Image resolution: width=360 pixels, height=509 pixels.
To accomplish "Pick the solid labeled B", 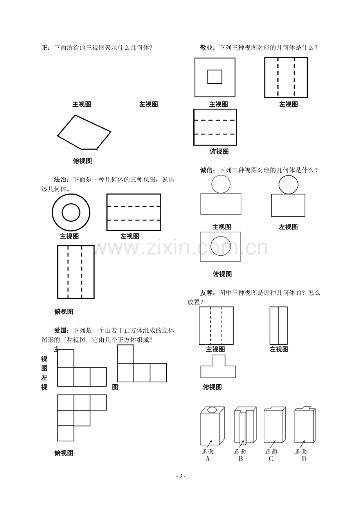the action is pyautogui.click(x=245, y=425).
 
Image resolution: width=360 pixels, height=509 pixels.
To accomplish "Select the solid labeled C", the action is pyautogui.click(x=275, y=425).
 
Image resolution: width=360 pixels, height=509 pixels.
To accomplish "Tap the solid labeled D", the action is pyautogui.click(x=305, y=425).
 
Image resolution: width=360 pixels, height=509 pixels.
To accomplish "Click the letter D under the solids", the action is pyautogui.click(x=304, y=459).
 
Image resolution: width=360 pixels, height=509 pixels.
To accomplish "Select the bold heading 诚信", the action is pyautogui.click(x=206, y=170).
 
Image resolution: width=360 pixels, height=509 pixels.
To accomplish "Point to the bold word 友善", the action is pyautogui.click(x=206, y=293).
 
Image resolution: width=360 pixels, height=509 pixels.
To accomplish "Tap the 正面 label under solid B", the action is pyautogui.click(x=240, y=451).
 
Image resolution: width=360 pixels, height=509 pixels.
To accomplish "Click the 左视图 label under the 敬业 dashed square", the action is pyautogui.click(x=288, y=104).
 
